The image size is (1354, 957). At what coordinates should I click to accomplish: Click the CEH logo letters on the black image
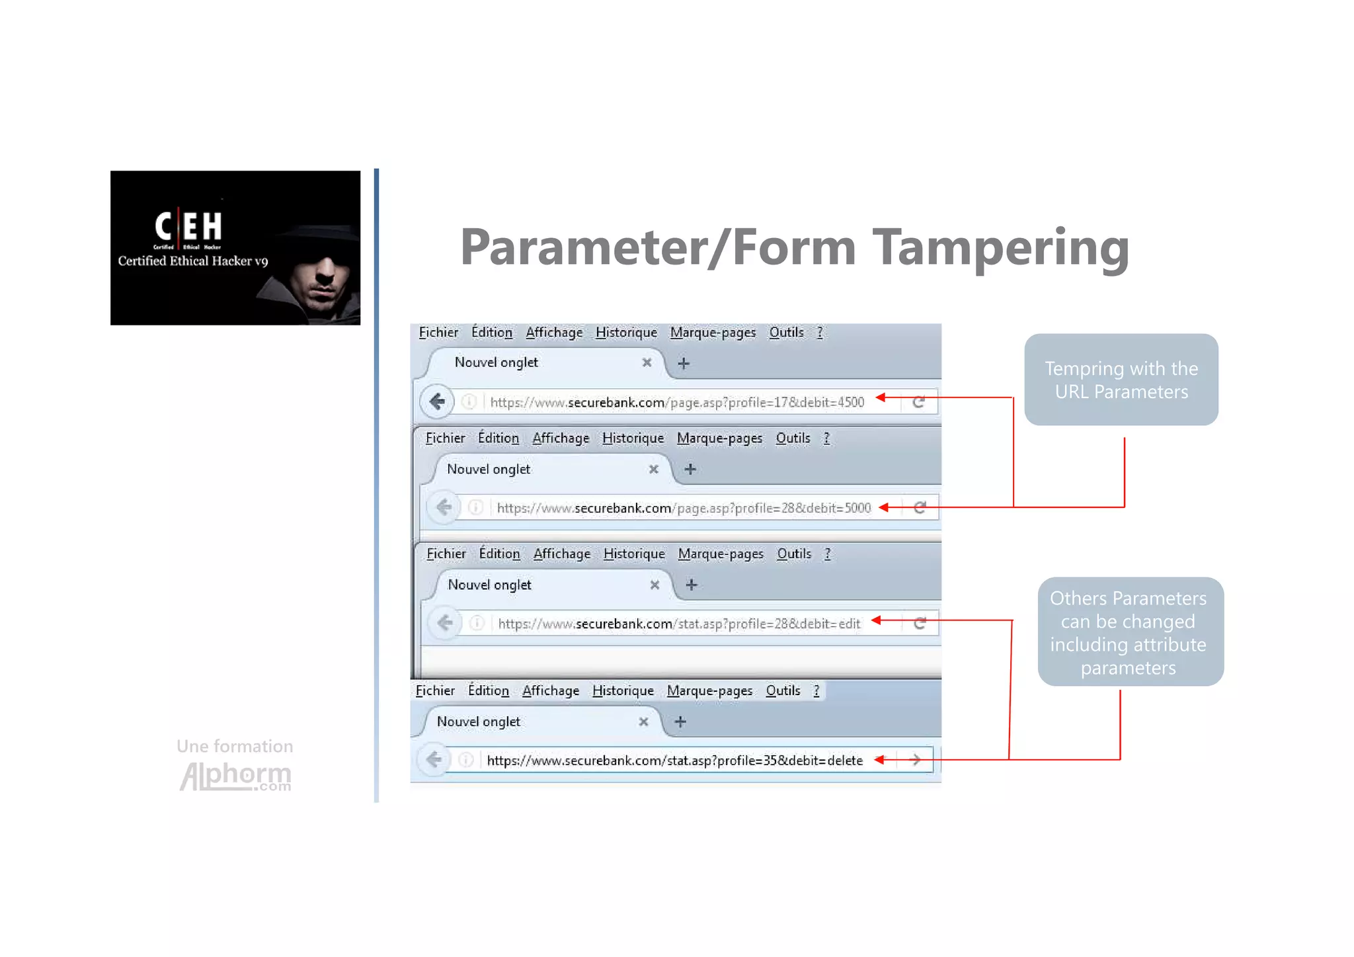coord(188,227)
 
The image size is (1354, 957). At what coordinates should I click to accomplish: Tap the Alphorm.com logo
coord(235,776)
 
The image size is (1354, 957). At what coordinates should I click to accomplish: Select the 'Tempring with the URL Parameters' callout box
coord(1121,380)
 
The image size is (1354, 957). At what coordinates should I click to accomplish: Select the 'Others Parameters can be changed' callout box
coord(1130,632)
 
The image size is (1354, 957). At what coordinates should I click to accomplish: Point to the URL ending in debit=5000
coord(684,508)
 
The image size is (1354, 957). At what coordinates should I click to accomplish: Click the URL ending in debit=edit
coord(679,624)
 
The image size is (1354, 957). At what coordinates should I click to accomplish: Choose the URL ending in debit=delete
coord(674,761)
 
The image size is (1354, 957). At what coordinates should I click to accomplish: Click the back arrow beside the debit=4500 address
coord(437,401)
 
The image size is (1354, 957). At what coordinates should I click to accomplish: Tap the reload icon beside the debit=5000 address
coord(920,507)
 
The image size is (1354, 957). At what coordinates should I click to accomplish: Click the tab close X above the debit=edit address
coord(655,585)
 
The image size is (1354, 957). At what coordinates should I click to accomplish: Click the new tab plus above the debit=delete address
coord(680,722)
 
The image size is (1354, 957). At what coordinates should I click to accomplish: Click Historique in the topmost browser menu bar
coord(626,333)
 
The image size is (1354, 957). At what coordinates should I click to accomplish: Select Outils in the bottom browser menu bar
coord(783,691)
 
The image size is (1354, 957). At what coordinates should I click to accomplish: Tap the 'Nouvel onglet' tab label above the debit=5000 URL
coord(489,470)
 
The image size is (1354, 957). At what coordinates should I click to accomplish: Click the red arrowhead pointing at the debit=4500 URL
coord(881,397)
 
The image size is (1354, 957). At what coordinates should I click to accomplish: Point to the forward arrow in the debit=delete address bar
coord(916,760)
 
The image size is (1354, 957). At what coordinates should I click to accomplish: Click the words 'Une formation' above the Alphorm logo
coord(235,746)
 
